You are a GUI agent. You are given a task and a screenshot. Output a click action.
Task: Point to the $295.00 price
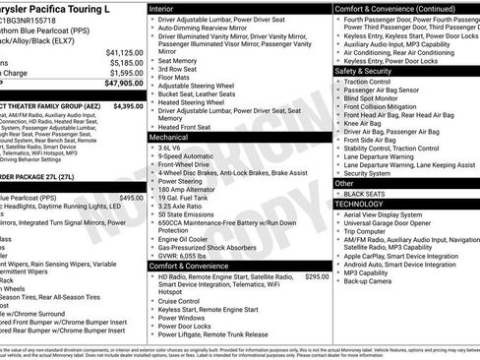317,277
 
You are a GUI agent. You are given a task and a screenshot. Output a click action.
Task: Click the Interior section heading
161,8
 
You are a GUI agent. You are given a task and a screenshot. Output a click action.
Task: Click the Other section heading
344,183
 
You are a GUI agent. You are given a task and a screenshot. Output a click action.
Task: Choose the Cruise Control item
187,302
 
